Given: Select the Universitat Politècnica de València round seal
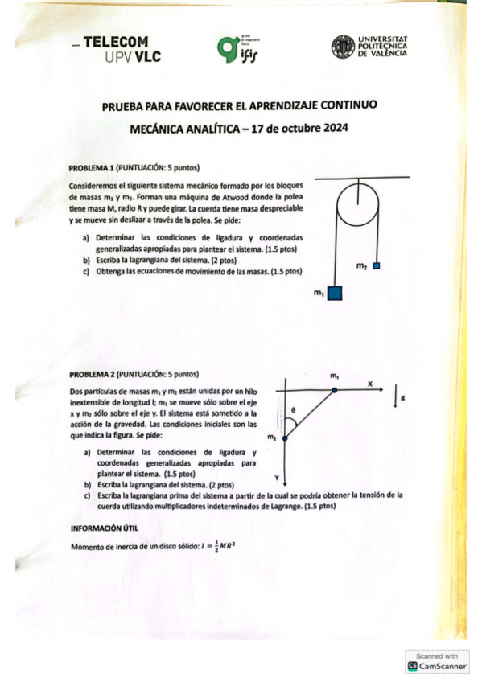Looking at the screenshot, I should (343, 47).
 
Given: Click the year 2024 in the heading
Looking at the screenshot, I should (332, 128).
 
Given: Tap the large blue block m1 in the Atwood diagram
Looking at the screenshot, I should (336, 292).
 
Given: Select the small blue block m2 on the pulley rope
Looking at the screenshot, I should (376, 265).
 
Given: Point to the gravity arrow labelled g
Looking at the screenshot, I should (396, 397).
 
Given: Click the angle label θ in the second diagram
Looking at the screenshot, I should (295, 409).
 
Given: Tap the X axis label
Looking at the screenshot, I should (369, 384).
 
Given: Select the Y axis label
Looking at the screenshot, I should (276, 475).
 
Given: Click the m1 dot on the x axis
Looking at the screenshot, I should (334, 392).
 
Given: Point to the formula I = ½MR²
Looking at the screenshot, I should (215, 547).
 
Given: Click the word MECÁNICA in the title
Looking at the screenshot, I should (164, 128).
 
